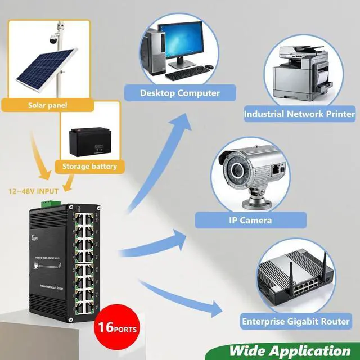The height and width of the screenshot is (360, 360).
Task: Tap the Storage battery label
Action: pyautogui.click(x=89, y=166)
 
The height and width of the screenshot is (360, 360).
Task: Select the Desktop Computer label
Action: pyautogui.click(x=180, y=93)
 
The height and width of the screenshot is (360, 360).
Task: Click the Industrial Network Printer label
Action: pyautogui.click(x=299, y=114)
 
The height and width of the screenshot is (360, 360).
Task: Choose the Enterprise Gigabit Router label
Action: pyautogui.click(x=296, y=322)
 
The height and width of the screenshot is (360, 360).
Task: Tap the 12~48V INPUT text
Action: pyautogui.click(x=33, y=191)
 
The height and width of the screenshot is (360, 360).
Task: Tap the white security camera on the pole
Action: pyautogui.click(x=53, y=38)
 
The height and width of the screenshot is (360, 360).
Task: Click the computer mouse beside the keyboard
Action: pyautogui.click(x=209, y=67)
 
